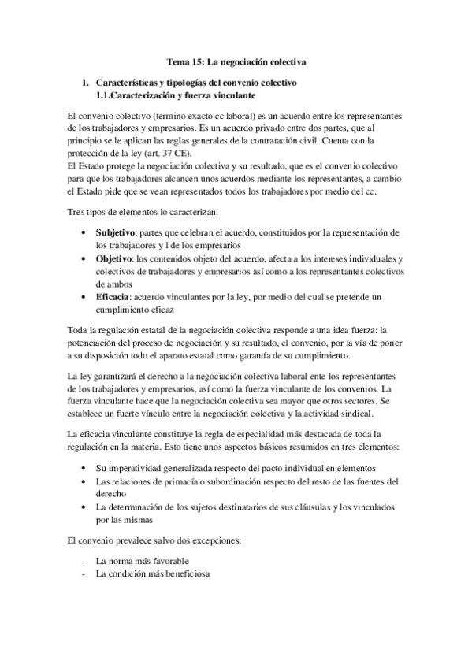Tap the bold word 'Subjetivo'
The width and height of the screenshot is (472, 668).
[115, 233]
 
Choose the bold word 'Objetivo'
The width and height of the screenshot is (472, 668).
[113, 258]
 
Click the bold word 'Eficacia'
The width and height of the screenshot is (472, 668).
[113, 296]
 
